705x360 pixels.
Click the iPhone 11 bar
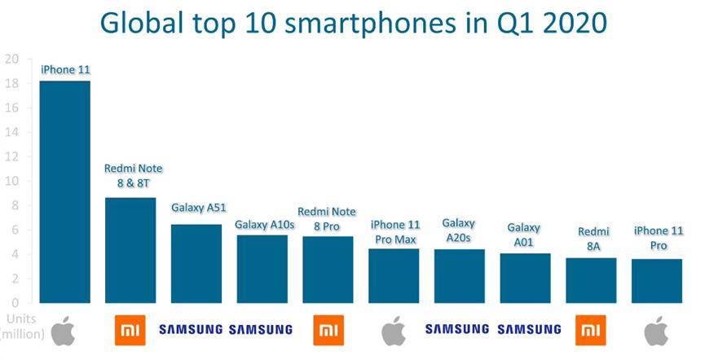point(64,192)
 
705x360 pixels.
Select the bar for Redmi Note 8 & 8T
point(130,250)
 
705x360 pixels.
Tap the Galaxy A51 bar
point(196,264)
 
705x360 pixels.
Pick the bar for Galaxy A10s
point(262,269)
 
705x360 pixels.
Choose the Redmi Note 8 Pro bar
point(328,270)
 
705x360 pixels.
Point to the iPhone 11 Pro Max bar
point(394,276)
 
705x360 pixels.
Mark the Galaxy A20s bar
point(460,276)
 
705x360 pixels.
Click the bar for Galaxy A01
point(525,279)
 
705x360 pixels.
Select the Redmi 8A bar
point(591,280)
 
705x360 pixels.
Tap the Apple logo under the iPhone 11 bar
point(63,331)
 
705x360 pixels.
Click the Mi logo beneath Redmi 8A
point(590,331)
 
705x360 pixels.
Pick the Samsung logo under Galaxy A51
point(191,329)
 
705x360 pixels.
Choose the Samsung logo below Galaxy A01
point(529,329)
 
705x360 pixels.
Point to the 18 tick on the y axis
point(11,84)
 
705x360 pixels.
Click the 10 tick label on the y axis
point(11,181)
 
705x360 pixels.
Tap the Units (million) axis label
point(23,327)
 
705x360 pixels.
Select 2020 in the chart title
point(575,23)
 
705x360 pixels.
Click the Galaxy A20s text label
point(459,230)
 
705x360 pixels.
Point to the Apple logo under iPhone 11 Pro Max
point(394,331)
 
